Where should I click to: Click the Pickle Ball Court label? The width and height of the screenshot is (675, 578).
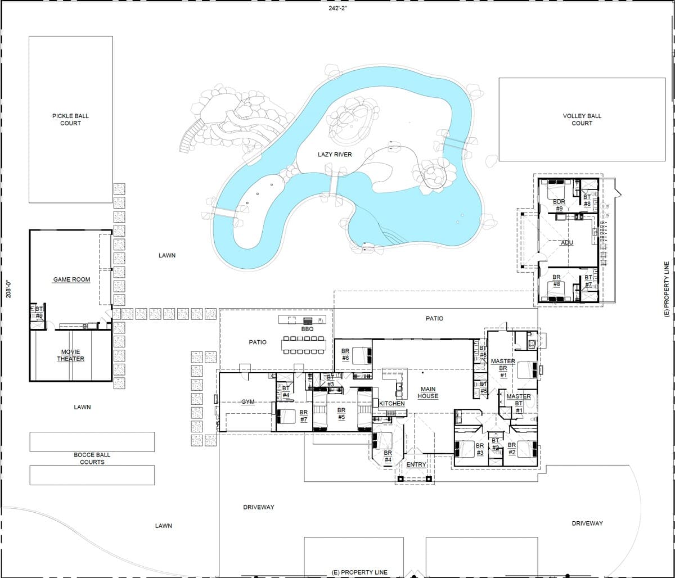click(70, 119)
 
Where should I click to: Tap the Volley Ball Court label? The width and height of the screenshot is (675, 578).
click(582, 119)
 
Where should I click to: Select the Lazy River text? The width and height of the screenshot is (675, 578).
click(335, 155)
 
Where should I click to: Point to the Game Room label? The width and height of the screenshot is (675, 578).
click(71, 279)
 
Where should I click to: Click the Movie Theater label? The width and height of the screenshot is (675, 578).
click(70, 355)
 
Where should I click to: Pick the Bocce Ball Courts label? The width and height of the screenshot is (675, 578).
click(92, 458)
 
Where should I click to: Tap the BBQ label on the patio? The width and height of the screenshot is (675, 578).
click(307, 329)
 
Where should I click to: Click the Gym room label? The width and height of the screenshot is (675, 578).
click(248, 401)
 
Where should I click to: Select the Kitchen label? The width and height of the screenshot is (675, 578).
click(392, 403)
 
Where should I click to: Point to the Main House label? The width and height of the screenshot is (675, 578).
click(428, 392)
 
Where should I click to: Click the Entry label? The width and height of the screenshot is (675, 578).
click(416, 464)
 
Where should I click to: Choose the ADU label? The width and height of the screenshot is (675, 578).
click(567, 242)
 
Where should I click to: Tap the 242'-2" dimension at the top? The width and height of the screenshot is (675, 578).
click(337, 8)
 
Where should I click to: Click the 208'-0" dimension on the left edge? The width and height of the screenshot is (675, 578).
click(8, 288)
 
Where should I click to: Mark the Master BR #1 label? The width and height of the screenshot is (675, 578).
click(503, 368)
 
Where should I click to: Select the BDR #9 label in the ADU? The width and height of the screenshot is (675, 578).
click(559, 205)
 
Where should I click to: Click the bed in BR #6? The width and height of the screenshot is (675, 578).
click(362, 355)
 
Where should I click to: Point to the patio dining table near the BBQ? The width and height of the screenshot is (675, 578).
click(304, 345)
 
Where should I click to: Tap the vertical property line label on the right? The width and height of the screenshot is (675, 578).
click(667, 289)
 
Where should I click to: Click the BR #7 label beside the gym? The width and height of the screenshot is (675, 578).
click(303, 416)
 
